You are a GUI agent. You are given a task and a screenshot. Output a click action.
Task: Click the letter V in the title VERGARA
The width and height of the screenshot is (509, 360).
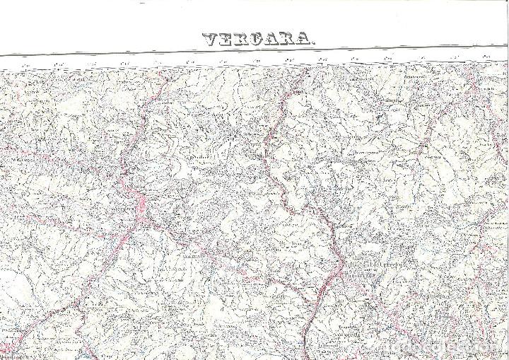pos(211,40)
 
